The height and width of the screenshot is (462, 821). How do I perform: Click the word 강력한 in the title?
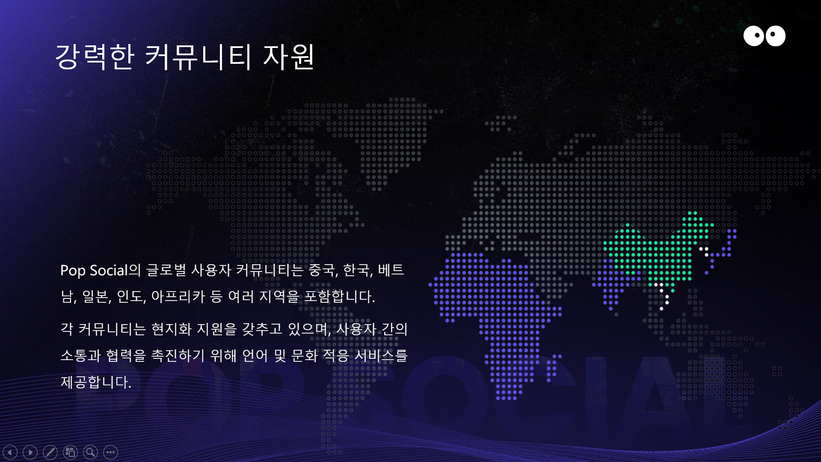click(x=95, y=56)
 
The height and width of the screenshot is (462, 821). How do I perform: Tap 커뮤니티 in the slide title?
click(x=198, y=56)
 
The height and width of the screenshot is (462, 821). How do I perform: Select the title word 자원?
click(x=289, y=56)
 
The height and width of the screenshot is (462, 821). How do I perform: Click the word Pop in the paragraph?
click(x=73, y=271)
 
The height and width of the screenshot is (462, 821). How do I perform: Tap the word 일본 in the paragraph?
click(x=97, y=296)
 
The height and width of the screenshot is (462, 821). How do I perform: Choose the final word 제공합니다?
click(x=96, y=382)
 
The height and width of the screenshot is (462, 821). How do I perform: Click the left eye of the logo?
click(x=754, y=36)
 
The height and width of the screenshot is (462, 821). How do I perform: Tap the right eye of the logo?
click(x=775, y=36)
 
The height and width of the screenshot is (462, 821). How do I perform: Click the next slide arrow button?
click(x=30, y=452)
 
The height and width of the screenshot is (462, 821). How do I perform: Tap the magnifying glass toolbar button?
click(x=90, y=452)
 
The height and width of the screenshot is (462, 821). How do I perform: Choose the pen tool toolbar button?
click(x=50, y=452)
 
